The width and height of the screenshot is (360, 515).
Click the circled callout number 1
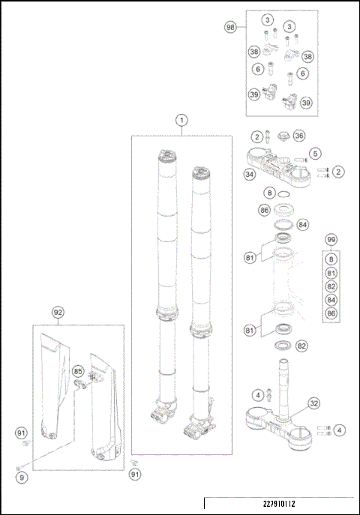click(x=181, y=120)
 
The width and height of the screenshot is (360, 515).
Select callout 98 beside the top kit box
click(x=232, y=27)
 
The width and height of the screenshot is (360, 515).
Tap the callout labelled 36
click(x=298, y=136)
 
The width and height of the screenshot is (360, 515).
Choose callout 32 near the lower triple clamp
click(x=314, y=403)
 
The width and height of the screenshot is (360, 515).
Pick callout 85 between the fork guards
click(x=77, y=370)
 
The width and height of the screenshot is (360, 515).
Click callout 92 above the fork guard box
click(x=58, y=311)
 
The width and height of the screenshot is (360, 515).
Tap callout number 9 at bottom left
click(x=22, y=476)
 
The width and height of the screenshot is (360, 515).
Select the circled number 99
click(x=330, y=239)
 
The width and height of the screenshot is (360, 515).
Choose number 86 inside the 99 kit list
click(x=330, y=316)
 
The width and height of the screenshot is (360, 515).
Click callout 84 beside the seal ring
click(x=302, y=224)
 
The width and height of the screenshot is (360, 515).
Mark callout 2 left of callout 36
click(x=256, y=136)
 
